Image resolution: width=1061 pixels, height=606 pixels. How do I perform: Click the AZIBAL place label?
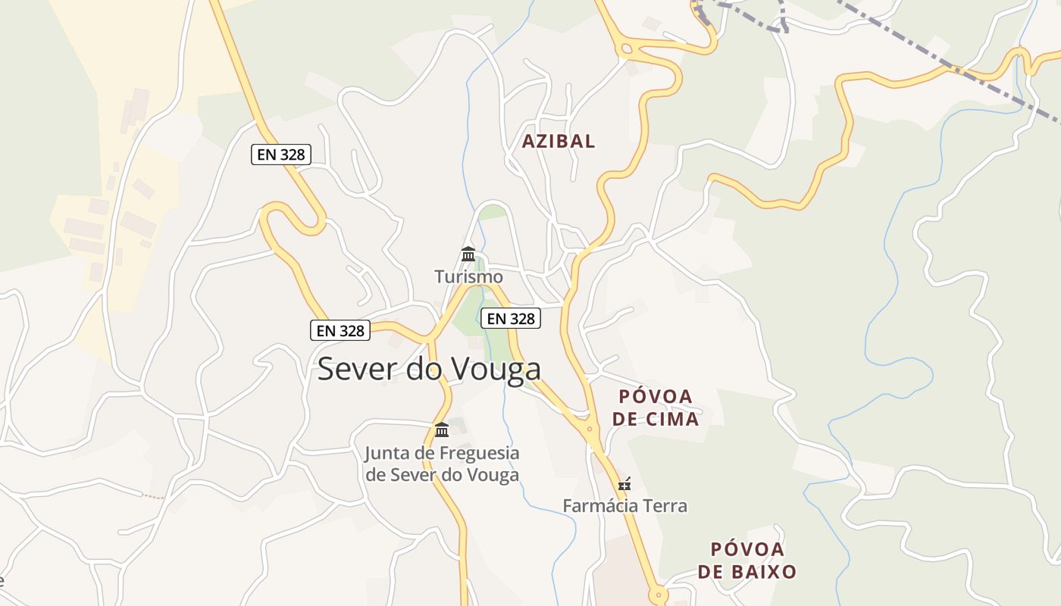coord(559,141)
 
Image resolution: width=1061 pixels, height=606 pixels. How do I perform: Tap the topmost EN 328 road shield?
coord(280,155)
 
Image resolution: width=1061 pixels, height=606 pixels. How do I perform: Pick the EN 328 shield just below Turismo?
coord(511,319)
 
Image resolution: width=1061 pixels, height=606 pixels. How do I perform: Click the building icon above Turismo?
coord(468,254)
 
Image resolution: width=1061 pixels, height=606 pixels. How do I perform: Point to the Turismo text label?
coord(468,276)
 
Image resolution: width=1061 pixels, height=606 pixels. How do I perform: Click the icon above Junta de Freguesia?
coord(442,430)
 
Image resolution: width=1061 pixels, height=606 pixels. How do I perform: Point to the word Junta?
coord(390,454)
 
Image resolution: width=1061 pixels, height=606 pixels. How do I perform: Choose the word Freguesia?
coord(477,454)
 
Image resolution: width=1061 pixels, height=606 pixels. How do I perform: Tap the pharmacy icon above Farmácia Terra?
coord(624,483)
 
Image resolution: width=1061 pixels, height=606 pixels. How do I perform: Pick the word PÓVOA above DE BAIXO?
coord(747,549)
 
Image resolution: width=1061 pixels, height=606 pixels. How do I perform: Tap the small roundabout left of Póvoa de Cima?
coord(590,429)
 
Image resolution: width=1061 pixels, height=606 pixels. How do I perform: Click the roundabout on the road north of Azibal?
coord(625,50)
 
